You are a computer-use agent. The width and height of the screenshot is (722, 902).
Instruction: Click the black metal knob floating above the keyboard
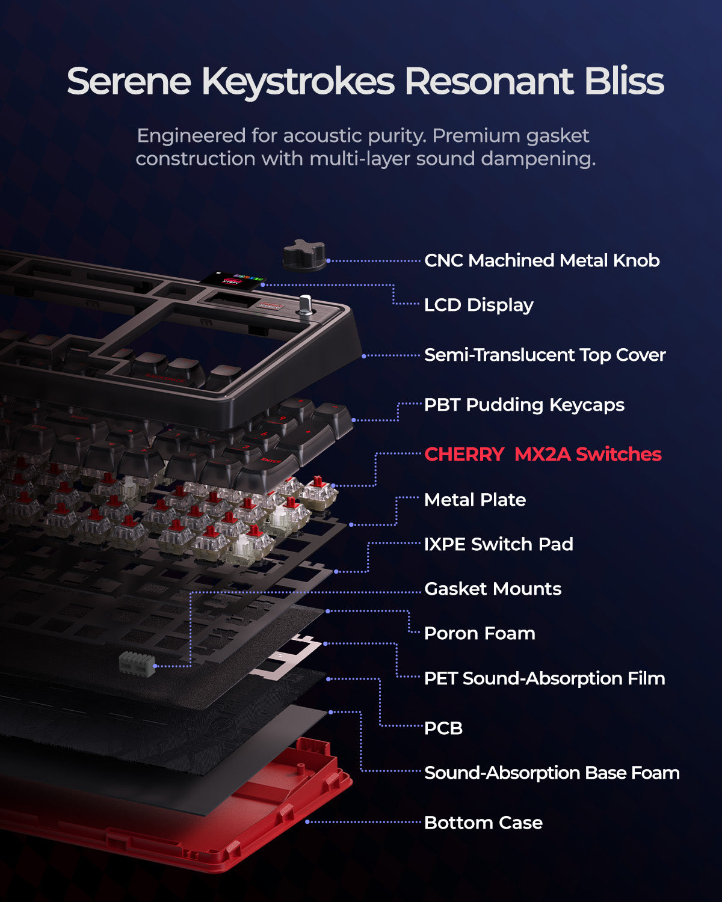pyautogui.click(x=304, y=255)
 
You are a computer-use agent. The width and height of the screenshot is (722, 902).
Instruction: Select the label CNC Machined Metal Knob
pyautogui.click(x=541, y=260)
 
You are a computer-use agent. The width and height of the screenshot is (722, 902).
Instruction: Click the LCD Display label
pyautogui.click(x=479, y=305)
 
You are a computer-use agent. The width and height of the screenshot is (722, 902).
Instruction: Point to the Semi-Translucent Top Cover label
pyautogui.click(x=545, y=355)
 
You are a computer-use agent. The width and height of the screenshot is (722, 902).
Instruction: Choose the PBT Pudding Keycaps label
pyautogui.click(x=524, y=405)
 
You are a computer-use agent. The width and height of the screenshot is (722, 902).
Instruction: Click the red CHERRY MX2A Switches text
pyautogui.click(x=543, y=454)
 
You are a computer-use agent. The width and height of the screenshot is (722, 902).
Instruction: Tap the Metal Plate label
pyautogui.click(x=475, y=500)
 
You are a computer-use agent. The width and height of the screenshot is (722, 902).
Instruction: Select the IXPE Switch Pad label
pyautogui.click(x=498, y=544)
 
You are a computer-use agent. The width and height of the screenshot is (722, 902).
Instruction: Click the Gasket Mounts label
pyautogui.click(x=493, y=589)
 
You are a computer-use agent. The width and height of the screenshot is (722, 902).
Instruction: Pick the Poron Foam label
pyautogui.click(x=480, y=633)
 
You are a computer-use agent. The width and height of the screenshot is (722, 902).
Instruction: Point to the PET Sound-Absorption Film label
pyautogui.click(x=545, y=678)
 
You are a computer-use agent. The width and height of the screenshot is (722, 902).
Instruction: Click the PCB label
pyautogui.click(x=443, y=728)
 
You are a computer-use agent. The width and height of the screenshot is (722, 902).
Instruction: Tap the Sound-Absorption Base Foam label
pyautogui.click(x=552, y=773)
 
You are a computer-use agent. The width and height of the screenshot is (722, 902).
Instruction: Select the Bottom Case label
pyautogui.click(x=483, y=823)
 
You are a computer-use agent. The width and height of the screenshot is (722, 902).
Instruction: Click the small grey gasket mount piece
pyautogui.click(x=137, y=664)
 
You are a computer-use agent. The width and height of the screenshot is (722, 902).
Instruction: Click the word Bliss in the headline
pyautogui.click(x=625, y=81)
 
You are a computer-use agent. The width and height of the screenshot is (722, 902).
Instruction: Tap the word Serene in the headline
pyautogui.click(x=129, y=81)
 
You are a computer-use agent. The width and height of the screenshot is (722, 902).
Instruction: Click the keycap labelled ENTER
pyautogui.click(x=268, y=465)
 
